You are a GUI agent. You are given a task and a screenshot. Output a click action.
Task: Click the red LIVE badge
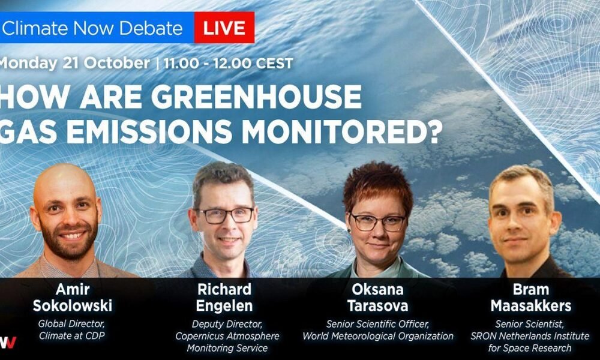tap(224, 28)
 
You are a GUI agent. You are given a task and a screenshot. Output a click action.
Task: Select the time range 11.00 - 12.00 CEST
tap(229, 63)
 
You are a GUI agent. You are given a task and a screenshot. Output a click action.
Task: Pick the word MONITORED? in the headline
tap(342, 132)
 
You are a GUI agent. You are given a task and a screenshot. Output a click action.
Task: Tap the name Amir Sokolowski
tap(73, 298)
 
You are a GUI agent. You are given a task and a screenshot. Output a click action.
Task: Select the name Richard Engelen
tap(224, 298)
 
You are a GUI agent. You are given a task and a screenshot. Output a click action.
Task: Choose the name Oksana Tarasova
tap(377, 298)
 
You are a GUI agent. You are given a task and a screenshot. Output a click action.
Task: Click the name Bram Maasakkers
tap(531, 298)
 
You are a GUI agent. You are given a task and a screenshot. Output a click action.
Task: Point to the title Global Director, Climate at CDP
tap(71, 330)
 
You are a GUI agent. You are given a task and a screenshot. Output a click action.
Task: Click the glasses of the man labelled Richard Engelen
tap(224, 215)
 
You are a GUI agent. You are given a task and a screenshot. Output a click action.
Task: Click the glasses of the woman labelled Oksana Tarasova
tap(378, 222)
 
